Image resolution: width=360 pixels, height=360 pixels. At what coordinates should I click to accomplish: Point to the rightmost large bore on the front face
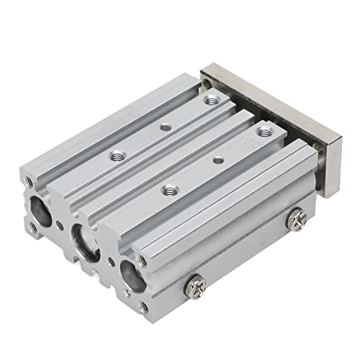click(134, 273)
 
